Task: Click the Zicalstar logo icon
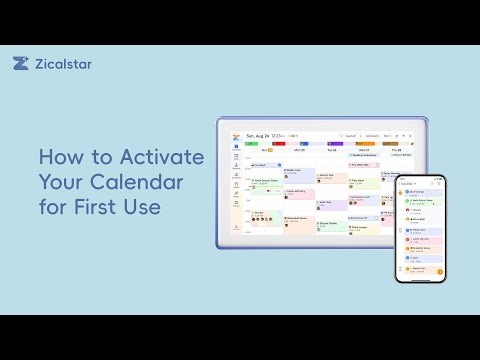[21, 63]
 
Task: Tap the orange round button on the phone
[439, 271]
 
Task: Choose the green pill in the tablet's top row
[251, 143]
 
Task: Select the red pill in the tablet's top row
[279, 143]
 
